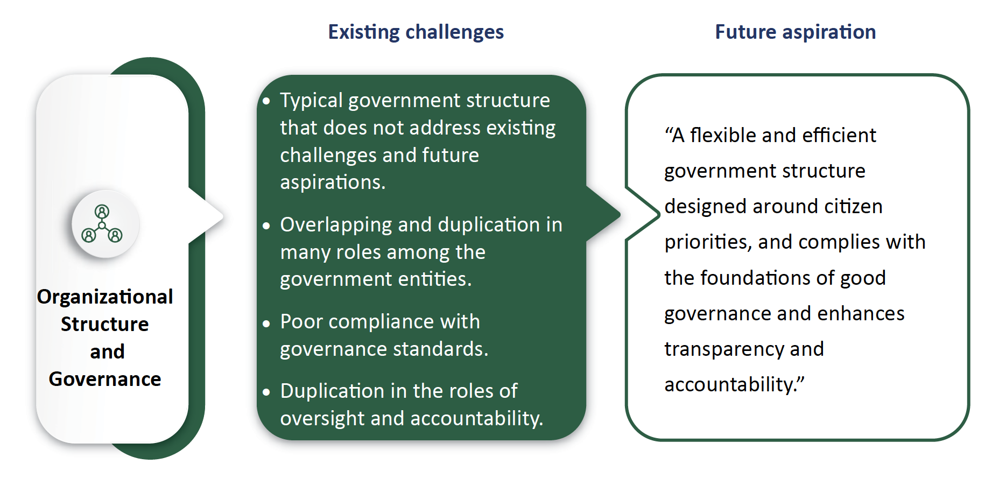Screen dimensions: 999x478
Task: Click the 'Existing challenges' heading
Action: click(x=416, y=32)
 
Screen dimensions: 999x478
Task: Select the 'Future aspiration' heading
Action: click(x=796, y=32)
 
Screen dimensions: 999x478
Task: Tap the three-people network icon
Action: click(x=102, y=223)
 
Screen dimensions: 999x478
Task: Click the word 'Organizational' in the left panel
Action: click(x=105, y=297)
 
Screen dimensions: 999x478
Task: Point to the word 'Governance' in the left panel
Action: click(x=105, y=379)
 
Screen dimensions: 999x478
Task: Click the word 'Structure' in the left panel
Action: click(x=105, y=324)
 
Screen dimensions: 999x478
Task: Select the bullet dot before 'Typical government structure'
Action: click(x=266, y=101)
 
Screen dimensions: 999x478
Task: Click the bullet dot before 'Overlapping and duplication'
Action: click(x=266, y=226)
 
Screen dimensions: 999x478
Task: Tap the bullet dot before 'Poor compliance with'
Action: click(x=266, y=323)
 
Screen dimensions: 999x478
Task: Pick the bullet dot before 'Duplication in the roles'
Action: click(x=266, y=392)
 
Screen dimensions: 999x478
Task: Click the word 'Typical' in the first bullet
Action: click(x=312, y=101)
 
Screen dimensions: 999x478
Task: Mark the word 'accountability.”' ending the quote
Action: click(x=735, y=385)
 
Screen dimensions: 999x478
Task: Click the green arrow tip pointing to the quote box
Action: click(x=619, y=214)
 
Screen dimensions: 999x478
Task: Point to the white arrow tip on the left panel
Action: click(x=222, y=216)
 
